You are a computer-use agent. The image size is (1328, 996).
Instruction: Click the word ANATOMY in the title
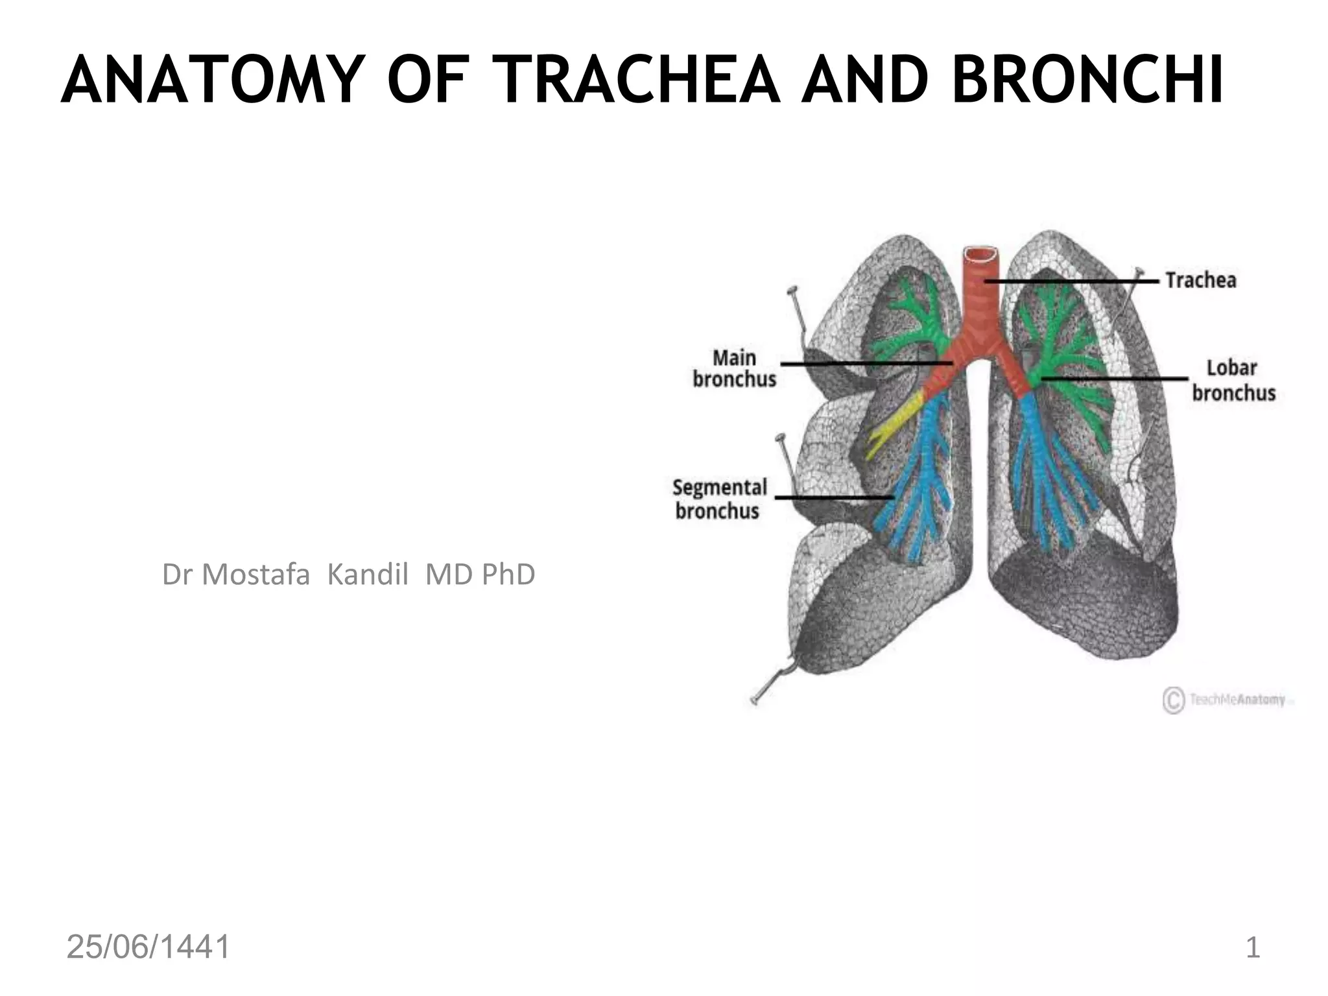(210, 80)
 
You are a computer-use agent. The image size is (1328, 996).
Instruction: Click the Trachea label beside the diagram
(1201, 280)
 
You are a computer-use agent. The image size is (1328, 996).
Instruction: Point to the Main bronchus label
(734, 368)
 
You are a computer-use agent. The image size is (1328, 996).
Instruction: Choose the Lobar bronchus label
(1233, 381)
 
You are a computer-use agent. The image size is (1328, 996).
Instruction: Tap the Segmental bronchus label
(719, 499)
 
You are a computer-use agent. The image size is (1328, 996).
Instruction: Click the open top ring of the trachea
(980, 254)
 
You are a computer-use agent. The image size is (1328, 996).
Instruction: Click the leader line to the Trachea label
(1070, 281)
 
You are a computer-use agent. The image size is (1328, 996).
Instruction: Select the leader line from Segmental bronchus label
(834, 497)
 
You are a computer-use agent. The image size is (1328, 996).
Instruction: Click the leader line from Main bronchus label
(866, 364)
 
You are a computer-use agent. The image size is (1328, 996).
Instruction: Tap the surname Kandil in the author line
(368, 575)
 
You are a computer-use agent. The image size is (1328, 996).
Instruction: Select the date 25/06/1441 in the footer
(148, 947)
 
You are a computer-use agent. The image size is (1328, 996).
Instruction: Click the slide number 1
(1253, 948)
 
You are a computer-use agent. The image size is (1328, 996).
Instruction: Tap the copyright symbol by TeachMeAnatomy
(1172, 700)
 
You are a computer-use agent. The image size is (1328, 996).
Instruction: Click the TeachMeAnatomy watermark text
(1237, 700)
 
